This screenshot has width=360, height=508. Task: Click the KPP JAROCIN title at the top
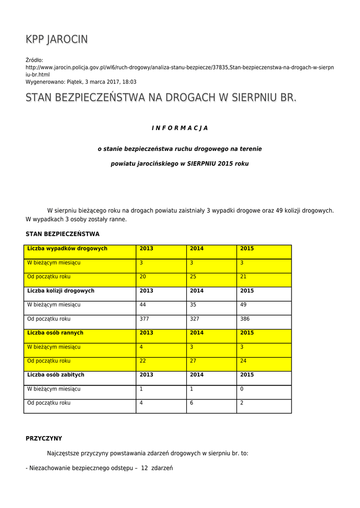(57, 40)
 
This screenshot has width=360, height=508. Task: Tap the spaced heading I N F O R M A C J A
(180, 128)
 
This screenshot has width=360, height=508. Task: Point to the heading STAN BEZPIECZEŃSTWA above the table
(63, 234)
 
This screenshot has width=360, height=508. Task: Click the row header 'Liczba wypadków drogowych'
(68, 249)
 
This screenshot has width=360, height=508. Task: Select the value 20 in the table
(143, 277)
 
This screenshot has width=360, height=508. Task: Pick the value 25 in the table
(193, 277)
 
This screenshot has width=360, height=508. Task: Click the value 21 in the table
(243, 277)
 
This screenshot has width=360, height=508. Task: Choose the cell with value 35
(193, 305)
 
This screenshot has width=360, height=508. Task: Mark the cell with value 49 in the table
(243, 305)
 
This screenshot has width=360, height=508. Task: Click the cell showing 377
(144, 319)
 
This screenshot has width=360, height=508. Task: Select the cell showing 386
(245, 319)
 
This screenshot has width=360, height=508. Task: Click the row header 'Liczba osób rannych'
(55, 333)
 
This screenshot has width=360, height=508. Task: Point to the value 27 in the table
(193, 361)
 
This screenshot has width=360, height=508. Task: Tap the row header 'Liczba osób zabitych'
(56, 375)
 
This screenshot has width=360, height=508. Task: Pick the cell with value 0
(242, 389)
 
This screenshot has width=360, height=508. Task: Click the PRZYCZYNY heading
(44, 439)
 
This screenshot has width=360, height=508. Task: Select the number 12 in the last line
(145, 468)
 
